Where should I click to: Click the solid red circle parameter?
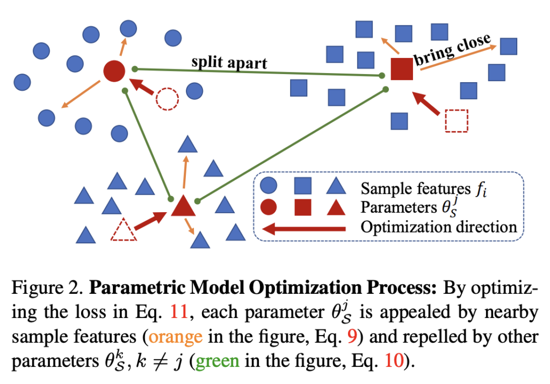pyautogui.click(x=114, y=71)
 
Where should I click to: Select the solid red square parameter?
pyautogui.click(x=401, y=69)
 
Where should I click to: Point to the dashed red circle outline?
pyautogui.click(x=167, y=99)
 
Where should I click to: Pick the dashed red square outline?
pyautogui.click(x=457, y=120)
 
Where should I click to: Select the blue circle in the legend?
pyautogui.click(x=269, y=187)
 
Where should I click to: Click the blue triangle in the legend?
pyautogui.click(x=335, y=186)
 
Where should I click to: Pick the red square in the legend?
pyautogui.click(x=302, y=207)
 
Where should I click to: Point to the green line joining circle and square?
pyautogui.click(x=258, y=73)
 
